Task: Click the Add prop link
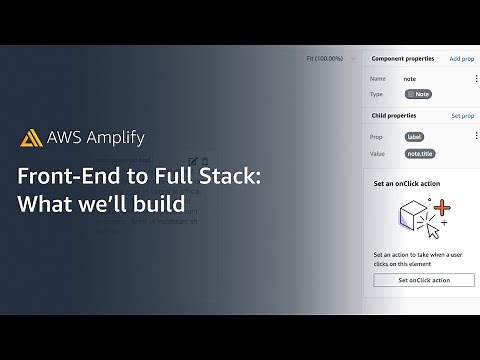tap(462, 59)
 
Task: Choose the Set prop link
tap(463, 116)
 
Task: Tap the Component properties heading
tap(403, 59)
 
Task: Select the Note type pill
tap(418, 94)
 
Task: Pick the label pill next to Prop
tap(414, 135)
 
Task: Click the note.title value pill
tap(419, 153)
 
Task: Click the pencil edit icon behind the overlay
tap(191, 160)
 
